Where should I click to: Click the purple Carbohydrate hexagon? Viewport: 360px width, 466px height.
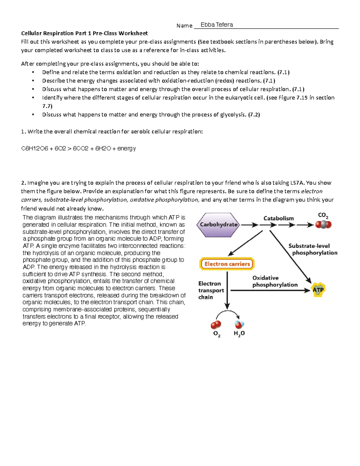pyautogui.click(x=218, y=225)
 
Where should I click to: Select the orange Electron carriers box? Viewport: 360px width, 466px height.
pyautogui.click(x=227, y=264)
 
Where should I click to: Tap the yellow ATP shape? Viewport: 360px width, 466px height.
pyautogui.click(x=318, y=290)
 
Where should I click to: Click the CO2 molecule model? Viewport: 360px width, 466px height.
pyautogui.click(x=323, y=224)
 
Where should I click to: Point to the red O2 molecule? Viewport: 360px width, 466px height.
pyautogui.click(x=216, y=325)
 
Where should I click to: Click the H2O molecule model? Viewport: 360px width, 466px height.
pyautogui.click(x=239, y=324)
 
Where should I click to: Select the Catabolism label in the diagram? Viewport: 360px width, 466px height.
pyautogui.click(x=278, y=218)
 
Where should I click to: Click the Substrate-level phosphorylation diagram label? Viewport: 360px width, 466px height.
pyautogui.click(x=312, y=249)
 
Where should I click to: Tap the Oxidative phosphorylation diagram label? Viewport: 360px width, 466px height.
pyautogui.click(x=274, y=281)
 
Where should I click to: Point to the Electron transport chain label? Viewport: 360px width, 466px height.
pyautogui.click(x=211, y=290)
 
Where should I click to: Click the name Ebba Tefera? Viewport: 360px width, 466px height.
pyautogui.click(x=217, y=25)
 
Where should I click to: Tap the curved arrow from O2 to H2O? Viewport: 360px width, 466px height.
pyautogui.click(x=228, y=313)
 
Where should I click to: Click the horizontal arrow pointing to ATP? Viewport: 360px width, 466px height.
pyautogui.click(x=270, y=290)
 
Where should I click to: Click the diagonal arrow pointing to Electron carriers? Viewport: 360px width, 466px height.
pyautogui.click(x=245, y=243)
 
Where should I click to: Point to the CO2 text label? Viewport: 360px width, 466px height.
pyautogui.click(x=323, y=215)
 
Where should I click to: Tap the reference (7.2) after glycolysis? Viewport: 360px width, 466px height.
pyautogui.click(x=254, y=115)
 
